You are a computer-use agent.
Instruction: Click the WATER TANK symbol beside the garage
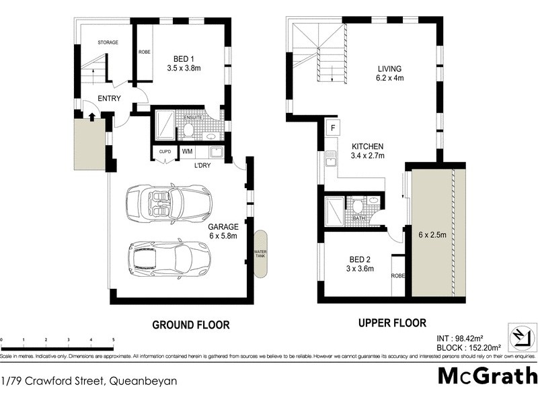point(260,253)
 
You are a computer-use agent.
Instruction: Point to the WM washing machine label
point(187,152)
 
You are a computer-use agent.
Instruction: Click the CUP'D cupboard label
point(164,152)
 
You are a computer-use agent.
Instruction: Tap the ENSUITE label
point(194,118)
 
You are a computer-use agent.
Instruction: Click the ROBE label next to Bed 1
point(144,52)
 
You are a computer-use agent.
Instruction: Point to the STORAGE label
point(108,42)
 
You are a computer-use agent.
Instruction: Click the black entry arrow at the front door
point(92,115)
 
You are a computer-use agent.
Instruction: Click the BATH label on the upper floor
point(358,218)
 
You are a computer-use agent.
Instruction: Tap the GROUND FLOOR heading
point(191,324)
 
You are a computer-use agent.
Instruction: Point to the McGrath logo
point(487,375)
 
